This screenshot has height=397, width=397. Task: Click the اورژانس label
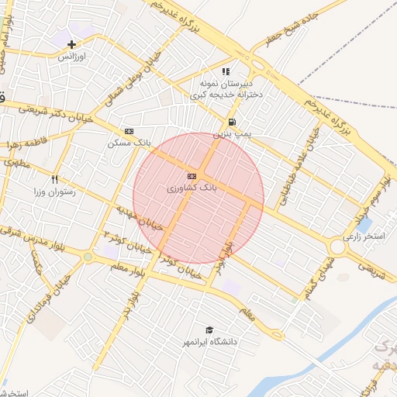tap(73, 57)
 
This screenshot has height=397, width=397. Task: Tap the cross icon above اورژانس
tap(73, 45)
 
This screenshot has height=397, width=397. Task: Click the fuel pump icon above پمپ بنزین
tap(232, 123)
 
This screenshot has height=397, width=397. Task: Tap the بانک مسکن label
tap(129, 143)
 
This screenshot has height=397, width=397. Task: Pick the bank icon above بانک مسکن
tap(129, 132)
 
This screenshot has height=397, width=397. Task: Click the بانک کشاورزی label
tap(192, 188)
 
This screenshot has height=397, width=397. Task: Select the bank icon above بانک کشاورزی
tap(192, 177)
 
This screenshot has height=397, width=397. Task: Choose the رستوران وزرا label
tap(55, 191)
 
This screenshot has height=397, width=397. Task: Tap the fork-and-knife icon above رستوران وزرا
tap(55, 179)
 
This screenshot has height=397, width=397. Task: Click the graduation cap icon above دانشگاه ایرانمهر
tap(208, 330)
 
